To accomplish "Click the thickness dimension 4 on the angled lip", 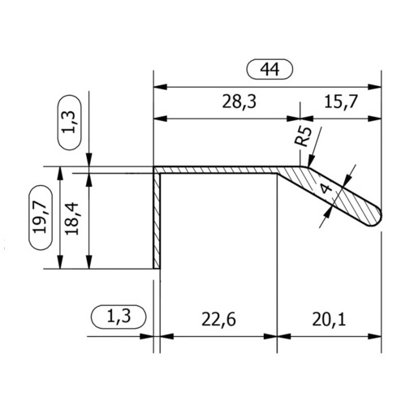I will [x=326, y=190].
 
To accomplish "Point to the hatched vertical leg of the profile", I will [x=157, y=219].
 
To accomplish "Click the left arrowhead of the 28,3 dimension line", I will [x=158, y=119].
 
